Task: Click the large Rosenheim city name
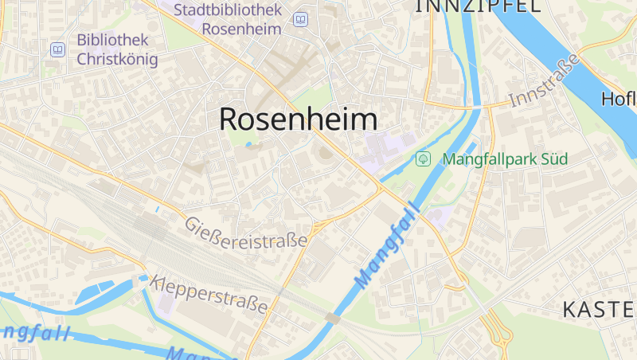[x=298, y=119]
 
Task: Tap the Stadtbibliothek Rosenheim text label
[x=228, y=19]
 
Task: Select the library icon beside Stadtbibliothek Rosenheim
[x=300, y=19]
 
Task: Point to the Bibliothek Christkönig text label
[x=117, y=49]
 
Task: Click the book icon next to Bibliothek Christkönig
[x=57, y=50]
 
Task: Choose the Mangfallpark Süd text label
[x=505, y=158]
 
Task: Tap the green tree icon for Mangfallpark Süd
[x=424, y=158]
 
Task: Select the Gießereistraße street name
[x=246, y=233]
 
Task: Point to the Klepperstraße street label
[x=209, y=293]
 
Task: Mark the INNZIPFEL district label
[x=477, y=6]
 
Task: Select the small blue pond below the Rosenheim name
[x=249, y=145]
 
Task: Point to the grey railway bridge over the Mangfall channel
[x=333, y=319]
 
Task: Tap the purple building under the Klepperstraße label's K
[x=167, y=301]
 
